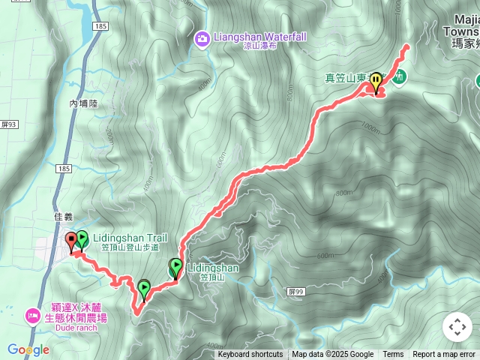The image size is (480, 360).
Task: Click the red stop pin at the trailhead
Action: (72, 241)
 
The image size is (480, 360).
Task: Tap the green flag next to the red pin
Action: (82, 240)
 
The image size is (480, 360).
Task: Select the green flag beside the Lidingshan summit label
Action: (175, 267)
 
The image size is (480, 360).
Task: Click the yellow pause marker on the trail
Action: (376, 80)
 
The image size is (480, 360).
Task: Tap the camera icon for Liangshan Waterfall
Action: (201, 37)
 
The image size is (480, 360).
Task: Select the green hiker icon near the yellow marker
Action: (399, 76)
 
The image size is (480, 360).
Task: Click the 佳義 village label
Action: (64, 217)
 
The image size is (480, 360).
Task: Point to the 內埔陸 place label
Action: (82, 103)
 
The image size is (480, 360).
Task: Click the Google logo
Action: (28, 349)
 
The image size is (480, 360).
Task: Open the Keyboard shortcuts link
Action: (250, 355)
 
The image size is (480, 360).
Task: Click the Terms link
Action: (393, 355)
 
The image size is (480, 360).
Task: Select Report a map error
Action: (444, 355)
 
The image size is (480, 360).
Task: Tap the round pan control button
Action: (457, 326)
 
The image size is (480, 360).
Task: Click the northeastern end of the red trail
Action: (408, 46)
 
